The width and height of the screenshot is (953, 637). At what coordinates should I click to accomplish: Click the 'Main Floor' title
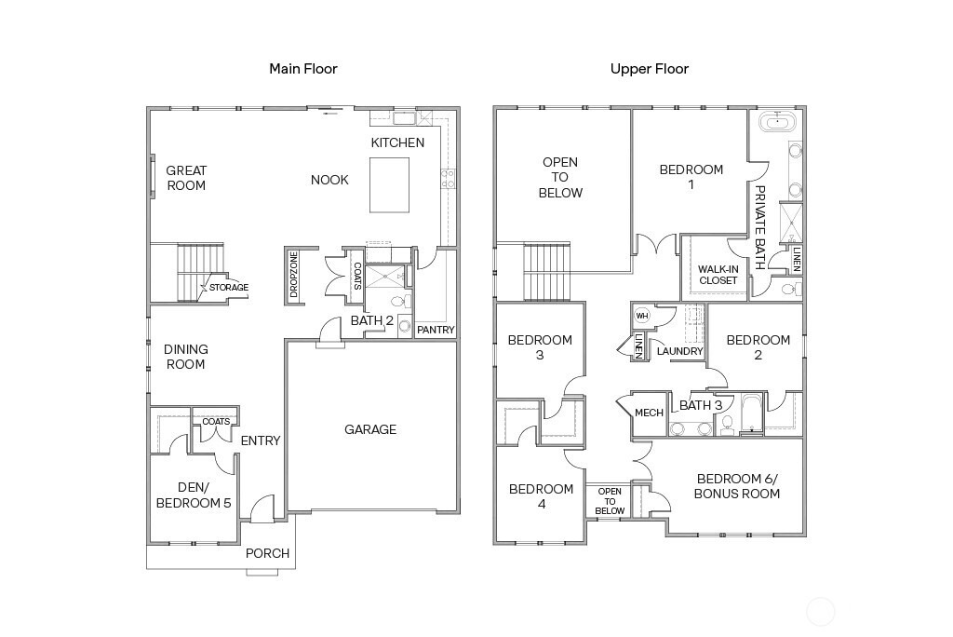(x=302, y=69)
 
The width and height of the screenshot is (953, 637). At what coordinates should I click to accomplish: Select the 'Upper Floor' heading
(x=649, y=69)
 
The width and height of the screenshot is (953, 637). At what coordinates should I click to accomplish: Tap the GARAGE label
(x=370, y=429)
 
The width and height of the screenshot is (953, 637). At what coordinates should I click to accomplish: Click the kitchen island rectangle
(x=389, y=184)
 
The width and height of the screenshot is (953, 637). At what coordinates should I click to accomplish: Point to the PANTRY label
(x=436, y=330)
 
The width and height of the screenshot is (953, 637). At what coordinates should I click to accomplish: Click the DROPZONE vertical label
(x=294, y=275)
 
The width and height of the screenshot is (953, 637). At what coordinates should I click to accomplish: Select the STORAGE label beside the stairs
(x=228, y=288)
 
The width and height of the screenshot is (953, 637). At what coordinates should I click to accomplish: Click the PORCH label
(x=267, y=553)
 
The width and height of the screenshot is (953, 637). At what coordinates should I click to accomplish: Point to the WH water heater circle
(x=641, y=316)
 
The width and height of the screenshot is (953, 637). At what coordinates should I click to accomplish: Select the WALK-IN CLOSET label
(x=718, y=275)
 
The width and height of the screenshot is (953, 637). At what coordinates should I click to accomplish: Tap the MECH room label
(x=649, y=413)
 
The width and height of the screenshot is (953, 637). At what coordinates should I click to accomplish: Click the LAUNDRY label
(x=679, y=351)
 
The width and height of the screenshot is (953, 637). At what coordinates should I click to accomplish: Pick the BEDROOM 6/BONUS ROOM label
(x=736, y=486)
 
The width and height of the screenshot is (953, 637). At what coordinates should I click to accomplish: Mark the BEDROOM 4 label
(x=541, y=496)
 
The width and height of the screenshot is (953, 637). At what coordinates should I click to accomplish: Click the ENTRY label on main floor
(x=261, y=440)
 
